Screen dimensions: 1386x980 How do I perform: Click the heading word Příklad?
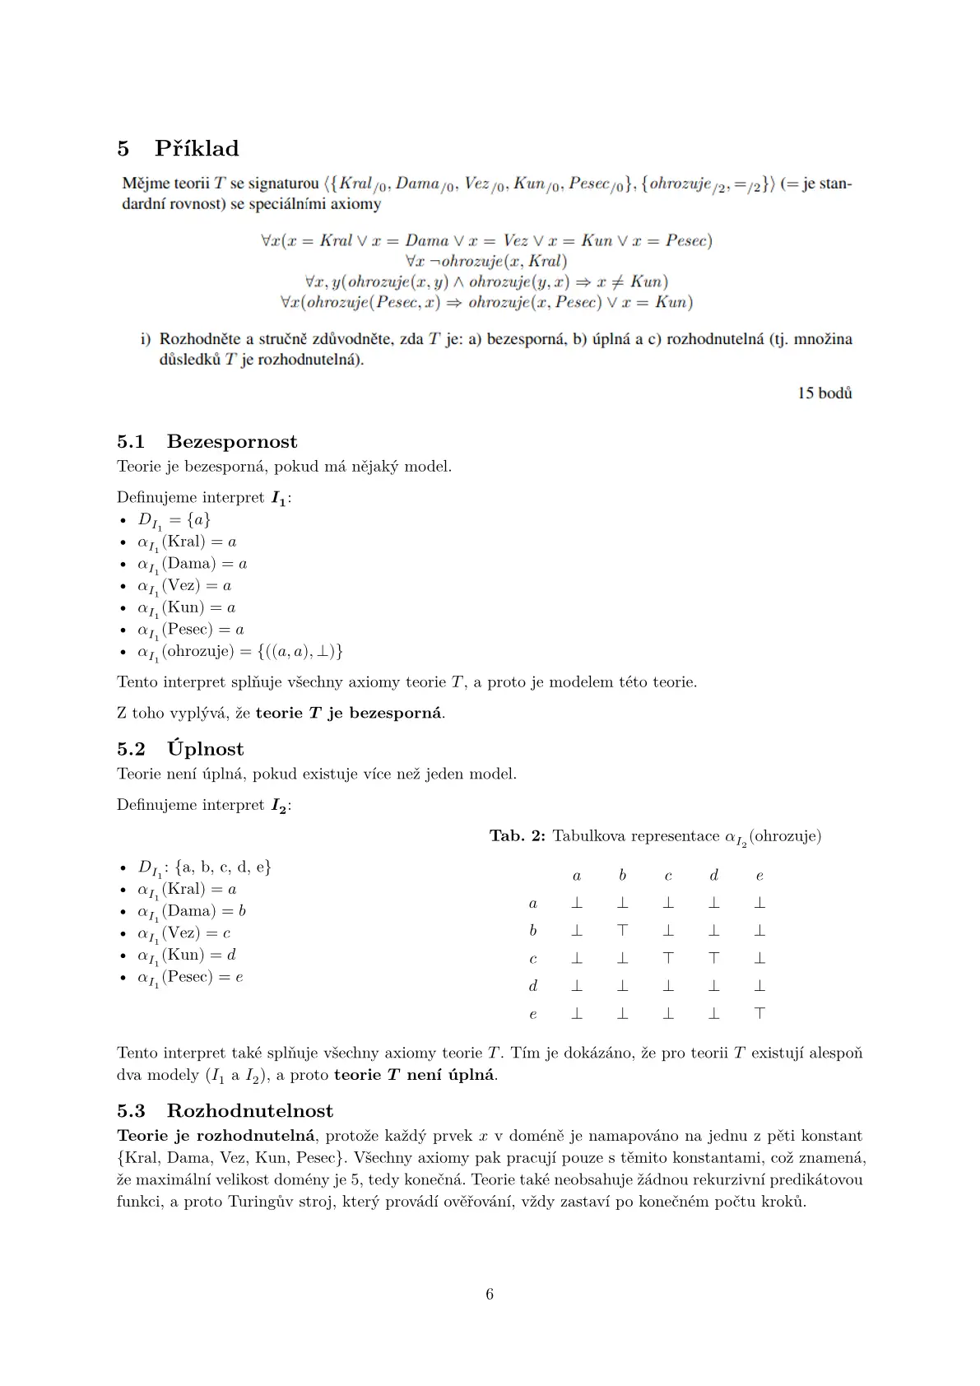coord(197,149)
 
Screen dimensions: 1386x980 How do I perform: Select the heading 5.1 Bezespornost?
coord(207,442)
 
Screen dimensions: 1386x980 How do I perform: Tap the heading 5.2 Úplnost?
coord(180,749)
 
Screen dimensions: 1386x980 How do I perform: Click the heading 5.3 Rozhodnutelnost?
coord(225,1111)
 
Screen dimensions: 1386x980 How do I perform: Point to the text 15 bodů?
coord(824,393)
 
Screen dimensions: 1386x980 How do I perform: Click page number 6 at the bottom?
coord(490,1295)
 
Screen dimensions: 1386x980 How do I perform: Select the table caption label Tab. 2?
coord(518,836)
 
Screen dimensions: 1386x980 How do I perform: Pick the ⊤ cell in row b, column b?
coord(623,931)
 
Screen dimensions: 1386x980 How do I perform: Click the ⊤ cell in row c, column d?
coord(714,958)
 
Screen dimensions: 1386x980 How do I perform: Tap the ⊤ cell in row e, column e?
coord(759,1013)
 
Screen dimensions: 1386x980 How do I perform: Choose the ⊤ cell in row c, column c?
coord(668,958)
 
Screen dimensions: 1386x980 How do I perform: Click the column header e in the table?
coord(759,876)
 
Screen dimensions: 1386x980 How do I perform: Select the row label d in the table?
coord(533,986)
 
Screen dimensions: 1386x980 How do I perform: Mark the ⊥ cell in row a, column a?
coord(577,903)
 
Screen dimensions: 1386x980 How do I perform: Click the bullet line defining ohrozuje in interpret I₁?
coord(239,652)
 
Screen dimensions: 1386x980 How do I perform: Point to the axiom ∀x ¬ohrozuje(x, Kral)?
coord(486,262)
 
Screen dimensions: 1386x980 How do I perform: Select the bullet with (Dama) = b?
coord(192,912)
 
